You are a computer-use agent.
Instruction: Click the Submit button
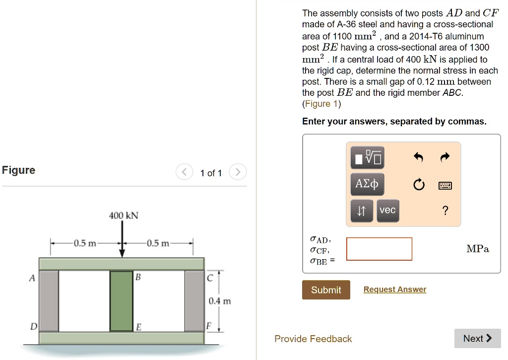pyautogui.click(x=326, y=290)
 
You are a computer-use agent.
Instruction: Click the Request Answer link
pyautogui.click(x=394, y=289)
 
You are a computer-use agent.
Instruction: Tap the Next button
pyautogui.click(x=477, y=338)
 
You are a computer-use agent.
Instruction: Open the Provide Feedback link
pyautogui.click(x=313, y=339)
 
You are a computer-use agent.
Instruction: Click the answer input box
pyautogui.click(x=379, y=249)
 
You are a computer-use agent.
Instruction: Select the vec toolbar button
pyautogui.click(x=387, y=210)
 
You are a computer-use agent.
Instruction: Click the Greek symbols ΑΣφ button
pyautogui.click(x=367, y=185)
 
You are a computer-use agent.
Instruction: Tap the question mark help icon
pyautogui.click(x=445, y=211)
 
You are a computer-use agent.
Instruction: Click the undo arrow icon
pyautogui.click(x=418, y=158)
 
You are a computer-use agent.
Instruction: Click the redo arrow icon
pyautogui.click(x=444, y=158)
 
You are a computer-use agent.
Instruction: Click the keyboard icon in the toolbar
pyautogui.click(x=444, y=186)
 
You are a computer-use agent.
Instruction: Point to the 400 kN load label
pyautogui.click(x=124, y=216)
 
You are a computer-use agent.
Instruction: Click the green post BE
pyautogui.click(x=122, y=301)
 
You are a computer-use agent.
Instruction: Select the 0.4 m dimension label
pyautogui.click(x=219, y=301)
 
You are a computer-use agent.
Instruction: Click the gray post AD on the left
pyautogui.click(x=49, y=301)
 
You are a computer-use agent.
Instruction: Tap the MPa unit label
pyautogui.click(x=477, y=249)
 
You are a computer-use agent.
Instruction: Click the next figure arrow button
pyautogui.click(x=238, y=173)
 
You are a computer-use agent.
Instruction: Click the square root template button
pyautogui.click(x=367, y=158)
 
